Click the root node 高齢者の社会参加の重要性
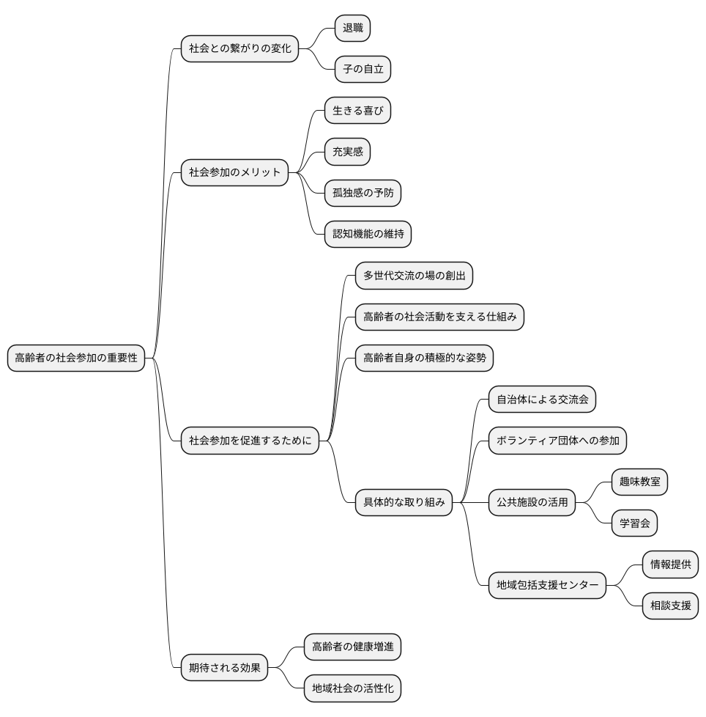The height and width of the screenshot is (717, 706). tap(76, 358)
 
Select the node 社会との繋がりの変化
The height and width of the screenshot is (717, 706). tap(239, 48)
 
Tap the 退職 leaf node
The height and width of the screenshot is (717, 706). tap(352, 28)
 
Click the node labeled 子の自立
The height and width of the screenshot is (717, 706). tap(363, 69)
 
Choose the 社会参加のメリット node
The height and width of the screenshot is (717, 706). tap(235, 172)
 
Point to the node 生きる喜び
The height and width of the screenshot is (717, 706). tap(357, 110)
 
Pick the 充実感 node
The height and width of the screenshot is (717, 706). tap(348, 152)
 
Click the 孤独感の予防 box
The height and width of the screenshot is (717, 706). tap(363, 193)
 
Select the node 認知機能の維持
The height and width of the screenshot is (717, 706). tap(368, 234)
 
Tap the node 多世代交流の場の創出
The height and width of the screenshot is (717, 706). tap(415, 276)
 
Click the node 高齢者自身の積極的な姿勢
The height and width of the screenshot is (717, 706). tap(424, 358)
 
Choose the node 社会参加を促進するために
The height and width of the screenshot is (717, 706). tap(250, 441)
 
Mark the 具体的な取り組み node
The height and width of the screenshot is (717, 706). tap(404, 502)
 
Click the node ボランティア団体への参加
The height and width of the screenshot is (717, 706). tap(557, 441)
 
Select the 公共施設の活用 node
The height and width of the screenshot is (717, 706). tap(532, 502)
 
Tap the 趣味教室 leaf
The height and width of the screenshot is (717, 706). tap(640, 482)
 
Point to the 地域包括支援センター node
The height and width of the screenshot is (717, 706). tap(547, 585)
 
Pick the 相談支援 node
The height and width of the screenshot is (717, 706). tap(670, 606)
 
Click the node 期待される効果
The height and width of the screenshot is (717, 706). tap(224, 668)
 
